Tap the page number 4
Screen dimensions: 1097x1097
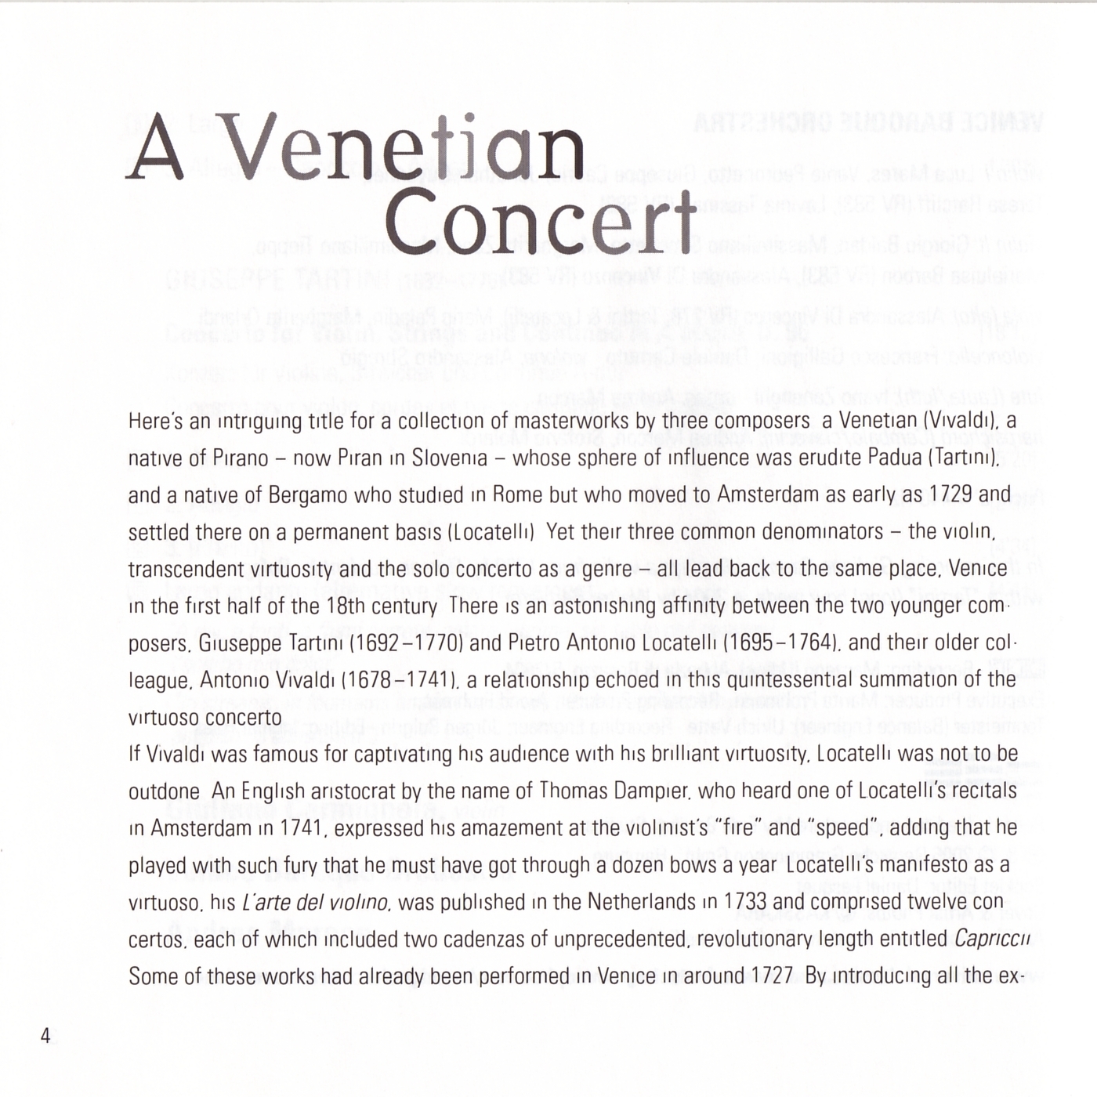pos(45,1036)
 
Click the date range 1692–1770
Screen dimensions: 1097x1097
pos(406,643)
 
